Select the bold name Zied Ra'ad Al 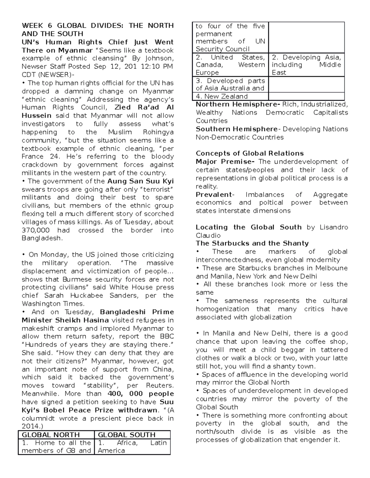coord(144,107)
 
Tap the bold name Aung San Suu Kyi coord(140,181)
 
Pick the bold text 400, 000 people coord(141,394)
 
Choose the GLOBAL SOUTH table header coord(126,435)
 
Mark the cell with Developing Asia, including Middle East coord(306,65)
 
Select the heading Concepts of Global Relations coord(250,153)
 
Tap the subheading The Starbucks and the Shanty coord(252,243)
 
